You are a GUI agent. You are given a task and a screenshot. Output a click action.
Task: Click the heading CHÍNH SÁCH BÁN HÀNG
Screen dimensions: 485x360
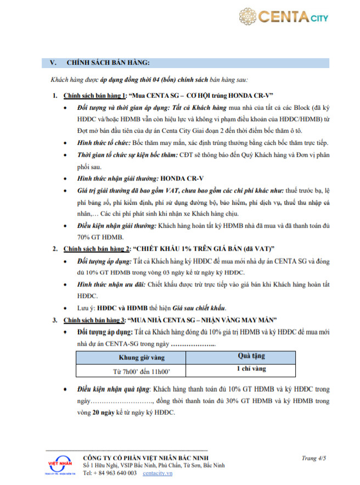coord(108,63)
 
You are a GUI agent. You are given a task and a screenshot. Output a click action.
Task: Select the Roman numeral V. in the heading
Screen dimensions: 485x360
coord(53,63)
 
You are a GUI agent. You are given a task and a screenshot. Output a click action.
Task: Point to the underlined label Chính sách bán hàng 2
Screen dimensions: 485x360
coord(95,249)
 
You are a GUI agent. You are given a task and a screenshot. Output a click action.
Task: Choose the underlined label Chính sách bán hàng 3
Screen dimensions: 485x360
coord(95,320)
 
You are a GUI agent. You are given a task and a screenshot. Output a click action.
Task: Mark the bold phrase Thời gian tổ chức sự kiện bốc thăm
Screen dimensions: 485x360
coord(120,155)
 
